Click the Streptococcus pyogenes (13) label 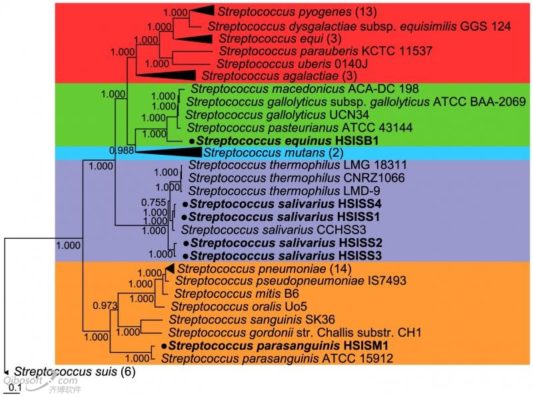pos(297,12)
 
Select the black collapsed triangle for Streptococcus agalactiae pos(166,75)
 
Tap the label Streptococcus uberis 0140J pos(292,63)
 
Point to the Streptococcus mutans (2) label pos(273,153)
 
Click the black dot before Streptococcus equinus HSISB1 pos(193,141)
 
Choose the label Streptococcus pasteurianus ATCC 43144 pos(299,127)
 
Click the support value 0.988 pos(122,150)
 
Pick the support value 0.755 pos(154,202)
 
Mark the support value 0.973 pos(105,306)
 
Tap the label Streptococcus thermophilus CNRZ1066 pos(296,177)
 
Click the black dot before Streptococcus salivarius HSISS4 pos(185,204)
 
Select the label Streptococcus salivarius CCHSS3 pos(274,230)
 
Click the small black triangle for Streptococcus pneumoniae pos(170,269)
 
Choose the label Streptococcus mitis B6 pos(237,294)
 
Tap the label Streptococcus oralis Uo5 pos(239,306)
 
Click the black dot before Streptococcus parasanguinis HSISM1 pos(165,346)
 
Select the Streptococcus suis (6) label pos(75,372)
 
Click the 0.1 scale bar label pos(15,388)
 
